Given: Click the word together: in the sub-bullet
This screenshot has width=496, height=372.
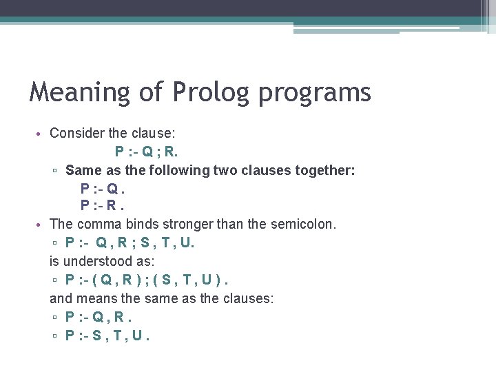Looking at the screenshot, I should (x=324, y=169).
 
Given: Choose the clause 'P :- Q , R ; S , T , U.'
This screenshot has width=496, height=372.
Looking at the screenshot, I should (x=130, y=242).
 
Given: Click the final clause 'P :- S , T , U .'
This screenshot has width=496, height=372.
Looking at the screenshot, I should (x=107, y=335).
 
